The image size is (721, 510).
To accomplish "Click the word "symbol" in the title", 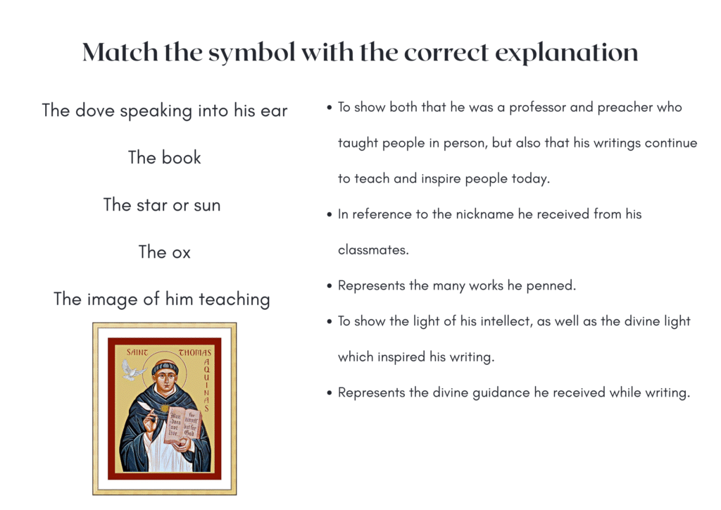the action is point(251,53).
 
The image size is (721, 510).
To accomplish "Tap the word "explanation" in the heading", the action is point(567,53).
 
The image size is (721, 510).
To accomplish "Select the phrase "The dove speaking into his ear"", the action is point(165,111).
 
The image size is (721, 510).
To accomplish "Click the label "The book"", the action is point(165,157).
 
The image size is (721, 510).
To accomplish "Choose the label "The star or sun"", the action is point(162,205).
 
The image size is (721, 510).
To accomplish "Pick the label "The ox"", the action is point(165,252).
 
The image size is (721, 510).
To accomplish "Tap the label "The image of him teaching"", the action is point(162,299).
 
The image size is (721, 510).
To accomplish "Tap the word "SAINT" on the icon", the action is point(137,352).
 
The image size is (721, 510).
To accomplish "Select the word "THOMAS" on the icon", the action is point(194,353).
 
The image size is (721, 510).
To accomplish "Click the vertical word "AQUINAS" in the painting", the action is point(206,385).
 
